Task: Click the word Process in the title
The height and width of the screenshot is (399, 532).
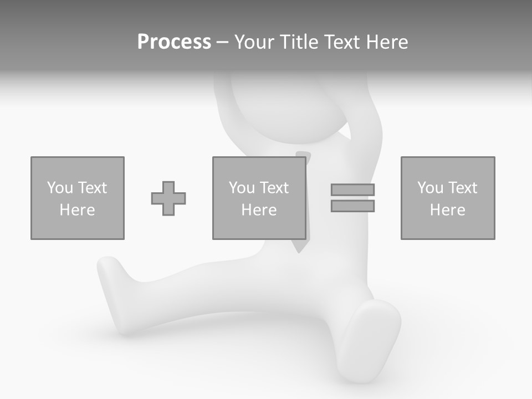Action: [174, 42]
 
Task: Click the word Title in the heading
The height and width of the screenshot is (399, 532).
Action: [298, 42]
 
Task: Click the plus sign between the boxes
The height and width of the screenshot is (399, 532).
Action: [168, 198]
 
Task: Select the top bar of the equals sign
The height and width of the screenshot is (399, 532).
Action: [353, 190]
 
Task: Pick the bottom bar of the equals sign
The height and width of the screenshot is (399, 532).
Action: [353, 206]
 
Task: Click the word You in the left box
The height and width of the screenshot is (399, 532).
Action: [60, 188]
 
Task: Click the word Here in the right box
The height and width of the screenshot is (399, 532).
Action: [448, 210]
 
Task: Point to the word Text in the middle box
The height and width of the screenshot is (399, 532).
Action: [274, 188]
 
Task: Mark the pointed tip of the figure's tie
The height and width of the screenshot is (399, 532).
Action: [300, 252]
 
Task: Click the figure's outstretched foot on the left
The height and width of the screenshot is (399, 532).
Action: [111, 272]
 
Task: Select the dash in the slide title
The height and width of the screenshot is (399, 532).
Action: [222, 42]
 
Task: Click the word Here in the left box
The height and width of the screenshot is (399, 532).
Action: [78, 210]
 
